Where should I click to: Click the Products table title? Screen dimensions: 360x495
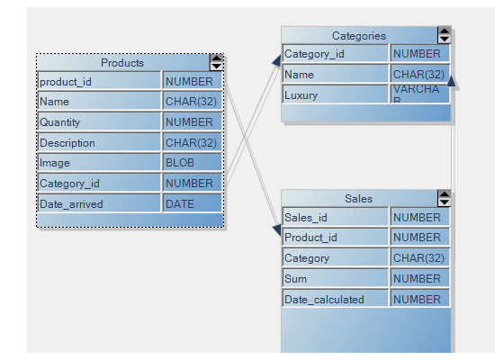[x=121, y=63]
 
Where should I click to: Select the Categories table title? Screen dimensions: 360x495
[x=358, y=36]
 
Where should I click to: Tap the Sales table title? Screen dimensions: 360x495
[x=358, y=199]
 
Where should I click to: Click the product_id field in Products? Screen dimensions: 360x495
[x=99, y=82]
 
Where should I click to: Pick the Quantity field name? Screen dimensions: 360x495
[x=99, y=122]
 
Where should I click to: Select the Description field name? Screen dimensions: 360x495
[x=99, y=143]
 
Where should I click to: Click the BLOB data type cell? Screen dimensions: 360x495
[x=192, y=163]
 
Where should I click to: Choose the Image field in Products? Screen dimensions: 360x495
[x=99, y=163]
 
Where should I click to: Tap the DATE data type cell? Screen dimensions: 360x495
[x=192, y=204]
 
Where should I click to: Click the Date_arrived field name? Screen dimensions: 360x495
[x=99, y=204]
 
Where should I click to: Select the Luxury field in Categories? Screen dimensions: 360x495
[x=336, y=94]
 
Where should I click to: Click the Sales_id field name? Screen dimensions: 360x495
[x=336, y=218]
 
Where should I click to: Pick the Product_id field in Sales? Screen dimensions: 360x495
[x=336, y=238]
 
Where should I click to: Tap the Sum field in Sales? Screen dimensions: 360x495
[x=336, y=279]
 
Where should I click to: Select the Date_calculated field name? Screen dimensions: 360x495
[x=336, y=299]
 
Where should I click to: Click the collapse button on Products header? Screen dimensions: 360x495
[x=216, y=62]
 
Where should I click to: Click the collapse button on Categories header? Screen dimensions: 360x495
[x=444, y=35]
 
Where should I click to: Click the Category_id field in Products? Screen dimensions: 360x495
[x=99, y=184]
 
